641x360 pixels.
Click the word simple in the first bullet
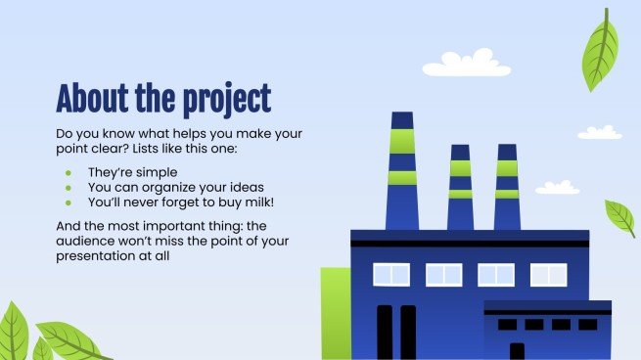(x=159, y=171)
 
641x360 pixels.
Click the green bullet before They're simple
(x=69, y=172)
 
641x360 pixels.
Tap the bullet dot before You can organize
(x=69, y=188)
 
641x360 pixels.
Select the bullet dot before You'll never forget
(x=69, y=203)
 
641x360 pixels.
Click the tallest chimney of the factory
(x=401, y=171)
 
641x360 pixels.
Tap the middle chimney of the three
(x=459, y=186)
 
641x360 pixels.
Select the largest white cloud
(x=466, y=65)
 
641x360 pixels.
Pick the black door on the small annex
(x=516, y=350)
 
